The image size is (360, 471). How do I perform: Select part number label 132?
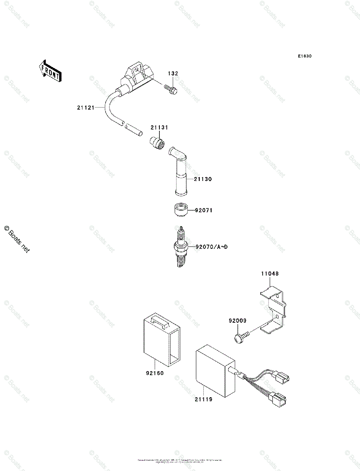[x=173, y=73]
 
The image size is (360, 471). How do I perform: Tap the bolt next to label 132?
[x=170, y=89]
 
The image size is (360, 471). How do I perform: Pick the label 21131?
[x=159, y=127]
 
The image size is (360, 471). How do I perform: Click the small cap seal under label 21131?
[x=157, y=142]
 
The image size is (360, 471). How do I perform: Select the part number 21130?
[x=203, y=179]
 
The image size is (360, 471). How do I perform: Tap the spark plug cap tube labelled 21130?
[x=181, y=173]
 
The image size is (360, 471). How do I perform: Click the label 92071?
[x=204, y=210]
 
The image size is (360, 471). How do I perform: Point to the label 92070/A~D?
[x=212, y=247]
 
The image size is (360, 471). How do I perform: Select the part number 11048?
[x=270, y=274]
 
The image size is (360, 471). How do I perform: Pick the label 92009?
[x=238, y=321]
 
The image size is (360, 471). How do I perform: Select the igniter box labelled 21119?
[x=214, y=371]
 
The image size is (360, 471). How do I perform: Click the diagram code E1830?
[x=304, y=56]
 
